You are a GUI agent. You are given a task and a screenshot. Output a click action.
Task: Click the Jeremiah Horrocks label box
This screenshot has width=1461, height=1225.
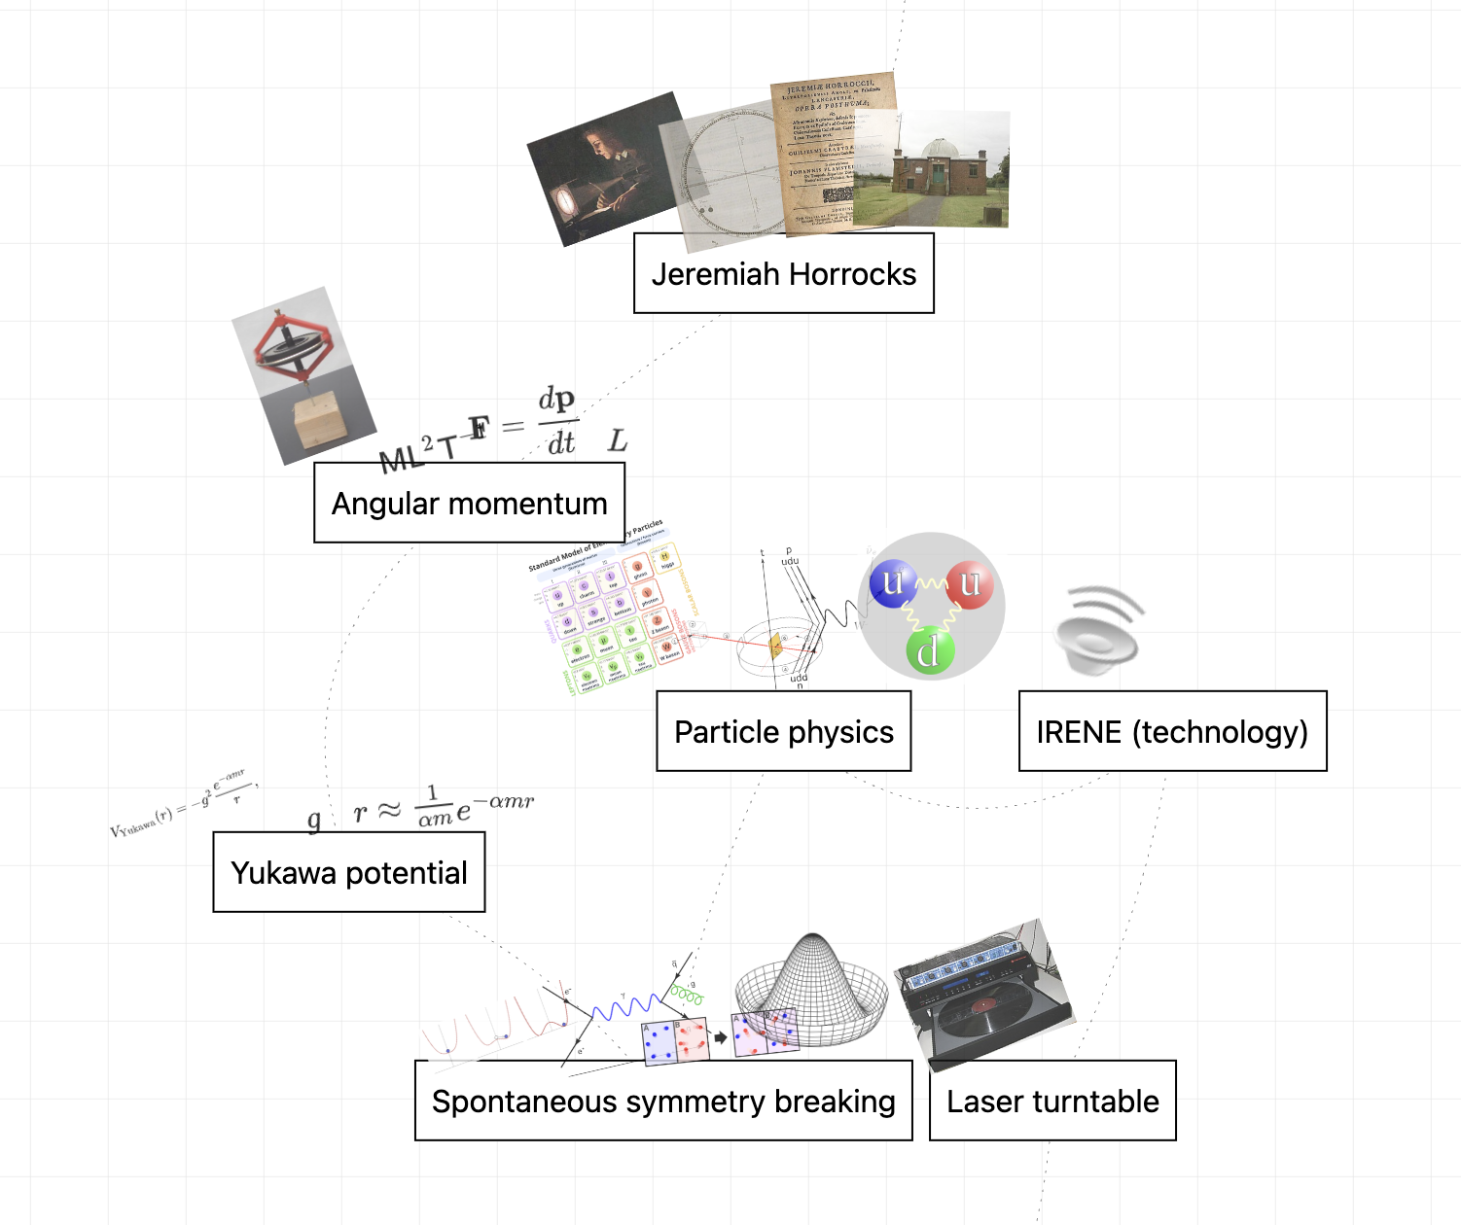(x=783, y=273)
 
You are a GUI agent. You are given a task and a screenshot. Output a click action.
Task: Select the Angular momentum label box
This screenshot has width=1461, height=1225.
(x=469, y=503)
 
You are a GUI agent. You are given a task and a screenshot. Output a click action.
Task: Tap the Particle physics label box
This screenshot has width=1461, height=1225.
(x=783, y=731)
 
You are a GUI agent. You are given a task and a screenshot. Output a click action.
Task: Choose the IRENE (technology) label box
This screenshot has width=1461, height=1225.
(x=1172, y=731)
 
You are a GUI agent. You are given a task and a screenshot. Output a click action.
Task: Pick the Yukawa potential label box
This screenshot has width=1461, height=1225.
(x=348, y=872)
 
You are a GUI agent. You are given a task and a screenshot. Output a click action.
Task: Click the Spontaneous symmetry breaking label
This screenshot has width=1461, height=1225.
(x=663, y=1101)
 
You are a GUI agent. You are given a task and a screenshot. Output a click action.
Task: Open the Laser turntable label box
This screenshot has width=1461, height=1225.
(x=1052, y=1101)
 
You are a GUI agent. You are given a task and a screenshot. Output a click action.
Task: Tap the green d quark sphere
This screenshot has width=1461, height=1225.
(x=929, y=651)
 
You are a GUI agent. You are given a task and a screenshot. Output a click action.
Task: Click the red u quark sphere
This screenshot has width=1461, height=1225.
(x=969, y=585)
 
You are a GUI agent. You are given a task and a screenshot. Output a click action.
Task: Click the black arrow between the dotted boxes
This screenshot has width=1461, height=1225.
(x=720, y=1037)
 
